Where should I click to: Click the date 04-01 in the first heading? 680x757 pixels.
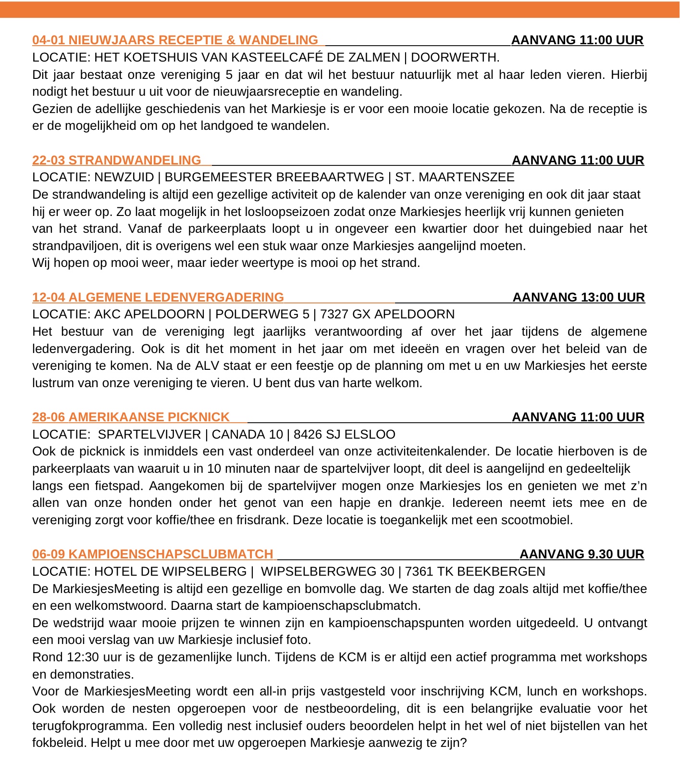[x=49, y=40]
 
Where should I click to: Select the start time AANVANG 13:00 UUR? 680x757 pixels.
[x=579, y=297]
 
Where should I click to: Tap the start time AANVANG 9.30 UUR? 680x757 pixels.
[x=581, y=554]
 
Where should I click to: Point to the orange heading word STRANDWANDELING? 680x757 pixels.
[x=135, y=160]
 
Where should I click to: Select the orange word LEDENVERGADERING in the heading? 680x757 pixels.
[x=214, y=297]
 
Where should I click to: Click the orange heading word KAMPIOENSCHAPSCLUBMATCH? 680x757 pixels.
[x=171, y=554]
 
